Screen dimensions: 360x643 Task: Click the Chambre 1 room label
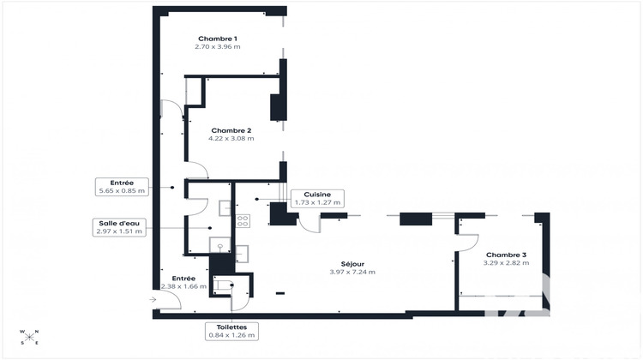(x=217, y=39)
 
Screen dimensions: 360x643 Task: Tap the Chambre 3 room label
(x=507, y=255)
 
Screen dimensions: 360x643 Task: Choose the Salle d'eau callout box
(x=120, y=227)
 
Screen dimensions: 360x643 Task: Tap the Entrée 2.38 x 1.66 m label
(x=183, y=279)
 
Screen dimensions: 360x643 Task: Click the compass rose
(x=29, y=337)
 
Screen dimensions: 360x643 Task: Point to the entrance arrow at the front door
(x=152, y=300)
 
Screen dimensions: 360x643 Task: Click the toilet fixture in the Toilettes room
(x=223, y=285)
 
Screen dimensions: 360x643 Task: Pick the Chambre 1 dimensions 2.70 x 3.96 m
(x=217, y=47)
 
